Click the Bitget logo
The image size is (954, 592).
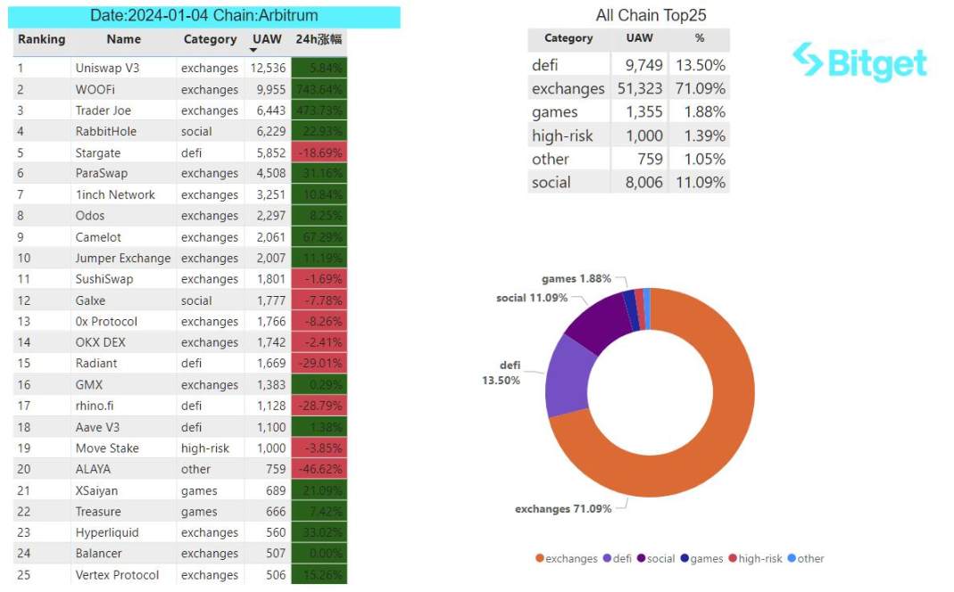point(859,62)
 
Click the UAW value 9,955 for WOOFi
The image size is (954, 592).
point(268,89)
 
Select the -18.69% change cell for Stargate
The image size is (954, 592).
point(319,152)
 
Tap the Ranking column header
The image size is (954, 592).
point(41,39)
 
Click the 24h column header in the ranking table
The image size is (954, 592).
point(319,39)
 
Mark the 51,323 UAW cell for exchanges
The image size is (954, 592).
point(639,88)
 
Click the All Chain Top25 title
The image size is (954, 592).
point(651,15)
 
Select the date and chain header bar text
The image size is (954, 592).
point(204,16)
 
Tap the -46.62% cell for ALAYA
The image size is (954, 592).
point(319,469)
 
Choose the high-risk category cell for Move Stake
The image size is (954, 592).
point(210,448)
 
